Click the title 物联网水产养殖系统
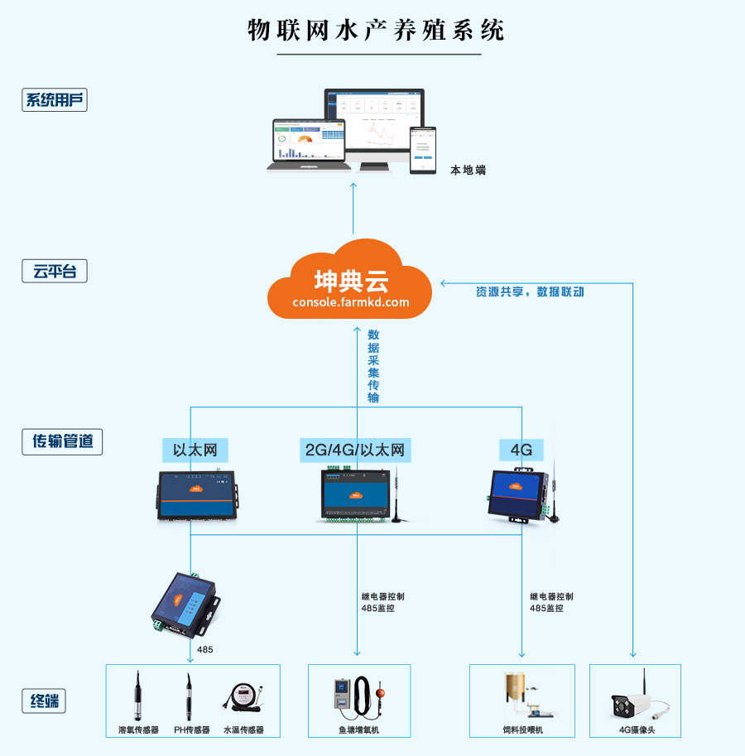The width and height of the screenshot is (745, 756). point(377,30)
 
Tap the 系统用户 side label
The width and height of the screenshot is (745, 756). point(55,101)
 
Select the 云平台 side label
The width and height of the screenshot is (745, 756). point(55,271)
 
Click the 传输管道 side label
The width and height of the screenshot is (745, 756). point(62,441)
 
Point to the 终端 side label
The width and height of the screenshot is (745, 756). point(43,702)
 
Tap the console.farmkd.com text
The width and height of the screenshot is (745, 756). point(351,302)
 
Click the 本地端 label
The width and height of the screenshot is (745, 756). point(468,170)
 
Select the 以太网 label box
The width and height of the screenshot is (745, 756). point(195,450)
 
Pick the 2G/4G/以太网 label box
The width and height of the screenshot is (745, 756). point(355,450)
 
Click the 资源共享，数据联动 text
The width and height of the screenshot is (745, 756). point(530,291)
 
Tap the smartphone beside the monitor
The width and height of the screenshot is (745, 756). point(423,149)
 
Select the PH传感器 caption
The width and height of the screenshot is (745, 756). point(191,730)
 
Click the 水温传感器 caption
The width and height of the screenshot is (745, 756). point(243,730)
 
